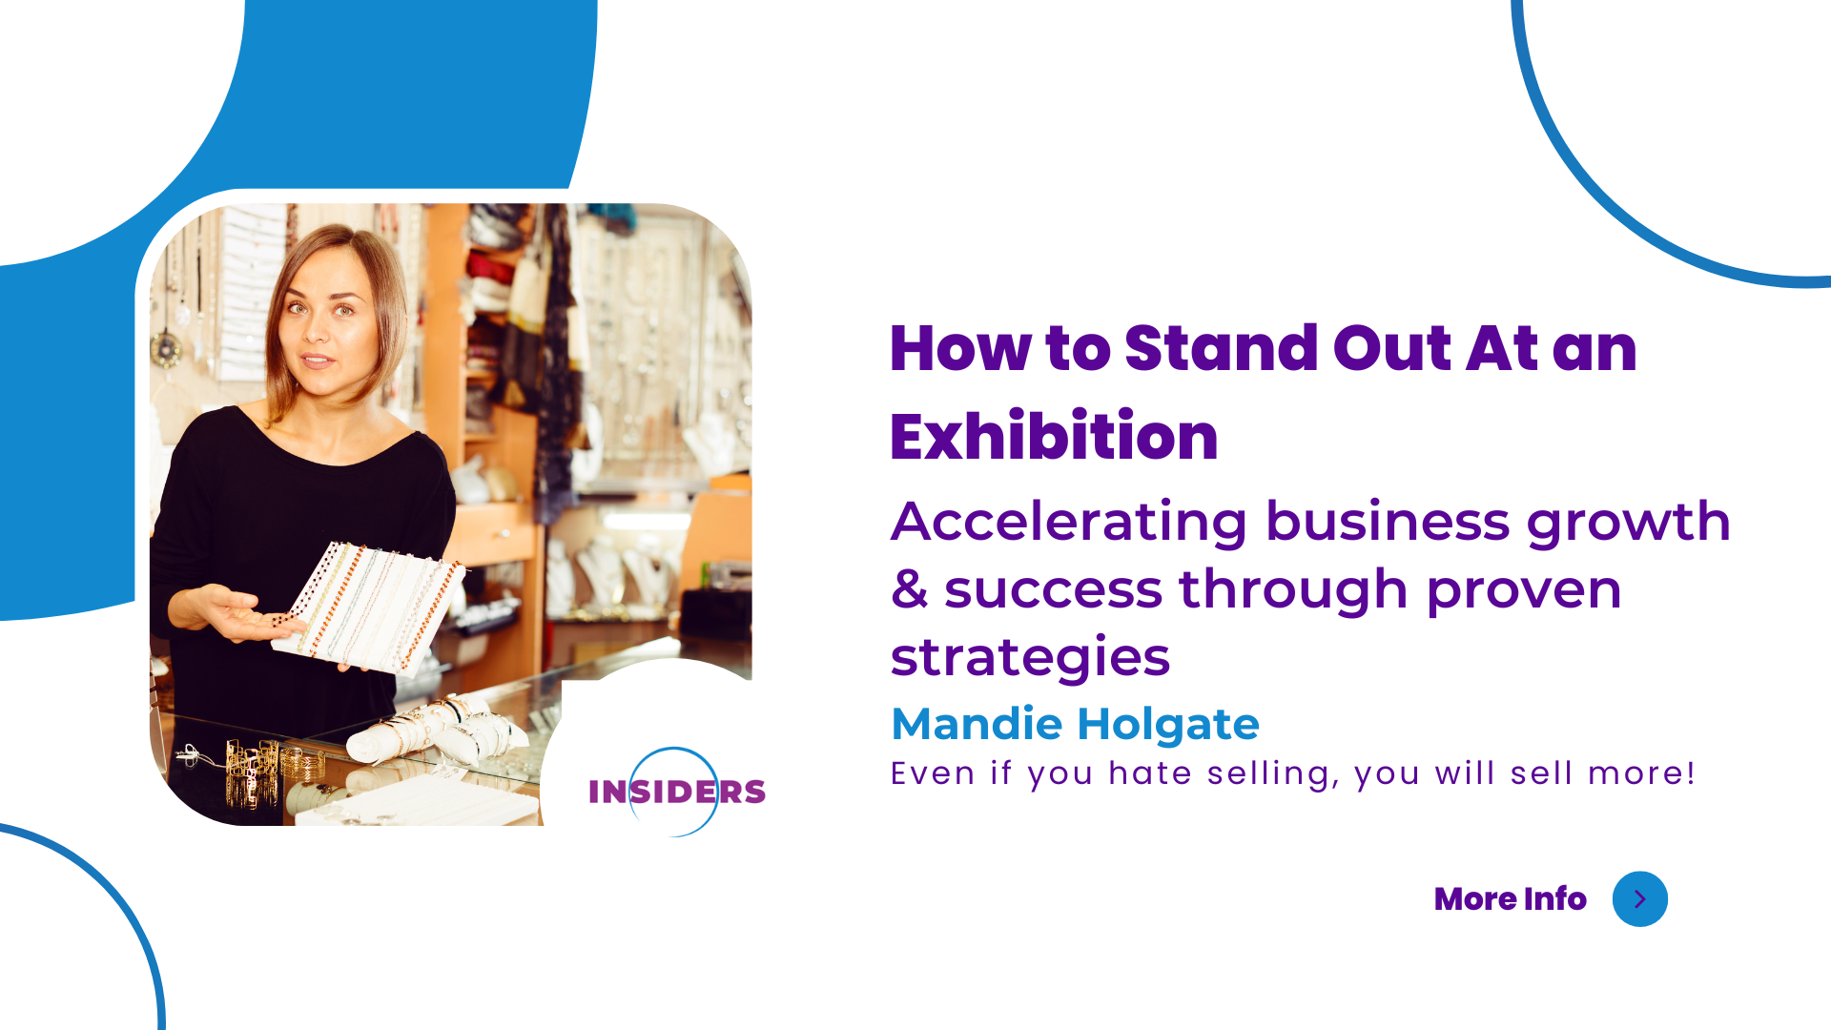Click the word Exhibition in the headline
(x=1054, y=437)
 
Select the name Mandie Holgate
(x=1075, y=724)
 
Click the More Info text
(x=1510, y=898)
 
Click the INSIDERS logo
(x=677, y=792)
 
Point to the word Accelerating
(x=1069, y=522)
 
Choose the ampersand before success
(x=909, y=589)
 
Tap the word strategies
(x=1030, y=658)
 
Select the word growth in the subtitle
(x=1628, y=523)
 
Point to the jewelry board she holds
(x=367, y=608)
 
